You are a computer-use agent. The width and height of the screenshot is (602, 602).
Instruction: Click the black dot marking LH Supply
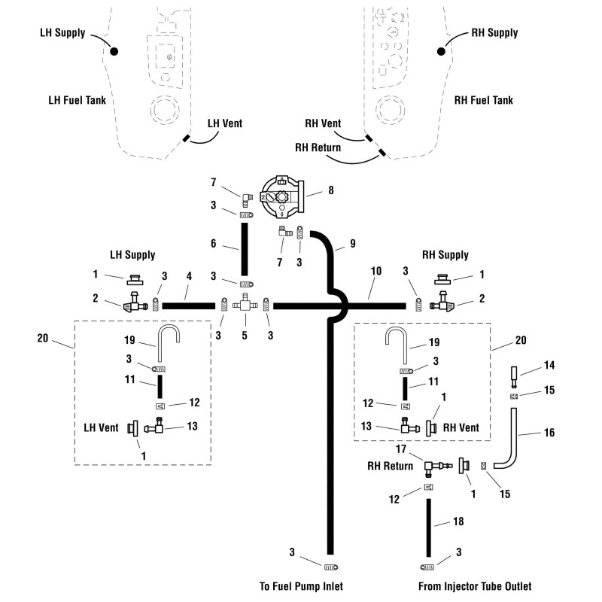115,52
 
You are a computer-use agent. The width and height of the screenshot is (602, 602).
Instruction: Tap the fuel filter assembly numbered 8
281,194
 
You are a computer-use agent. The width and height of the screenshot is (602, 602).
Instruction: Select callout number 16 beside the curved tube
549,433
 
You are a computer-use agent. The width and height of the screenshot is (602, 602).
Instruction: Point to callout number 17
400,448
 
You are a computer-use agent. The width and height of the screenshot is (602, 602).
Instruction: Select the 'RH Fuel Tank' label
488,99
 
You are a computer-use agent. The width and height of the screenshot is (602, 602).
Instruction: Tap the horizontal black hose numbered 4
188,305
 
